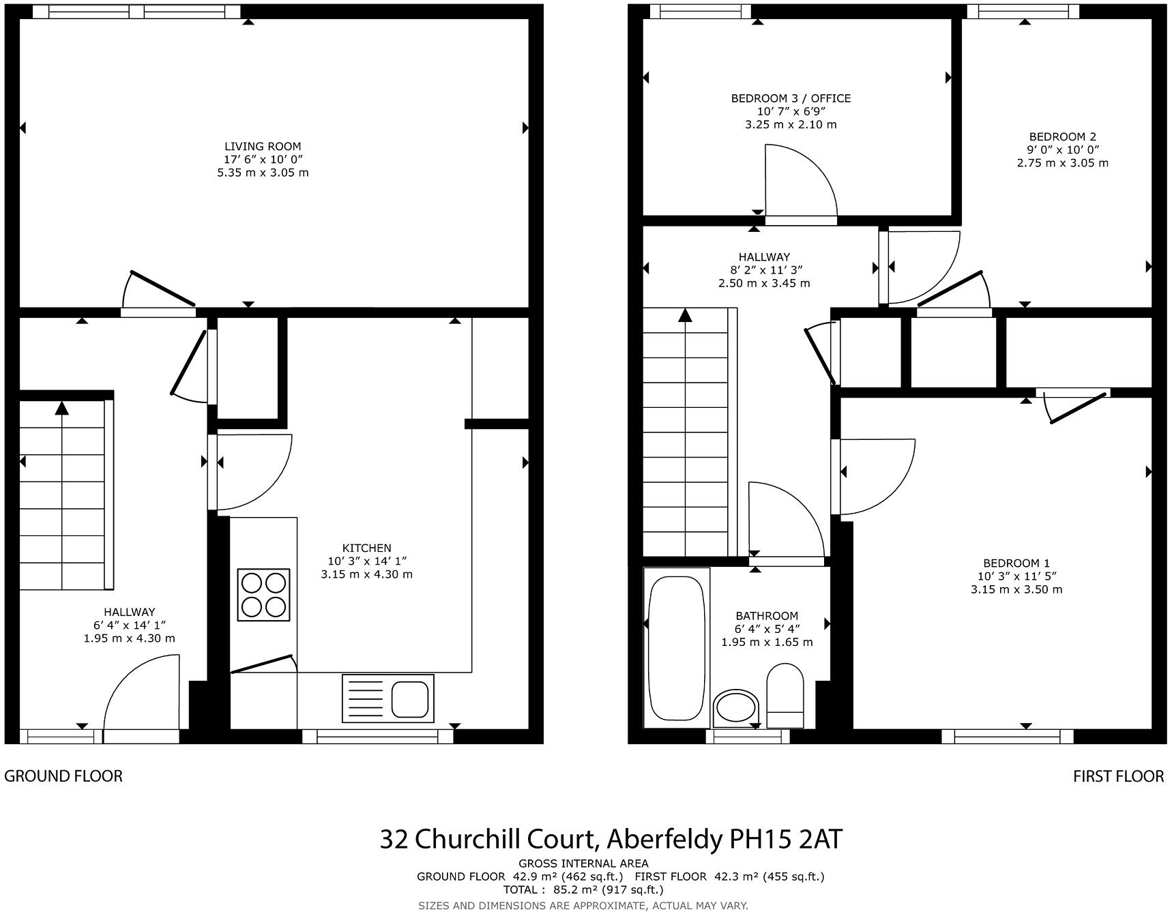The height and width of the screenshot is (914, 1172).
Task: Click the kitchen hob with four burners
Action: coord(263,594)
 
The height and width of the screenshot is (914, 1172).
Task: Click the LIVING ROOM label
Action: coord(263,147)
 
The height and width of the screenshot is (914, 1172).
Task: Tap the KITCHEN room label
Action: coord(366,548)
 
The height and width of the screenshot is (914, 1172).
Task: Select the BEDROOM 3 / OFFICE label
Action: coord(791,98)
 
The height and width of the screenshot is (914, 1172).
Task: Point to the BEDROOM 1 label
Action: coord(1016,563)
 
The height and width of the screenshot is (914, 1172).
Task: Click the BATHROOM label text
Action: coord(767,615)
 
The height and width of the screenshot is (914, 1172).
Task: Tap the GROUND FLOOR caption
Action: coord(63,776)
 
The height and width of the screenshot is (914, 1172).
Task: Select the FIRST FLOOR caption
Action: coord(1118,776)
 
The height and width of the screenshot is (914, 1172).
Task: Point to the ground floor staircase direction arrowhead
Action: coord(62,408)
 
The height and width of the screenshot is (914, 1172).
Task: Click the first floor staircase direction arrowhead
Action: coord(685,314)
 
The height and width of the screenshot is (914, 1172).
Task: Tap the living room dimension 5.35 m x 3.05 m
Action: coord(263,173)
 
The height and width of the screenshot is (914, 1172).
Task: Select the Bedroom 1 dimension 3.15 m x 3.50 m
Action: coord(1016,589)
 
